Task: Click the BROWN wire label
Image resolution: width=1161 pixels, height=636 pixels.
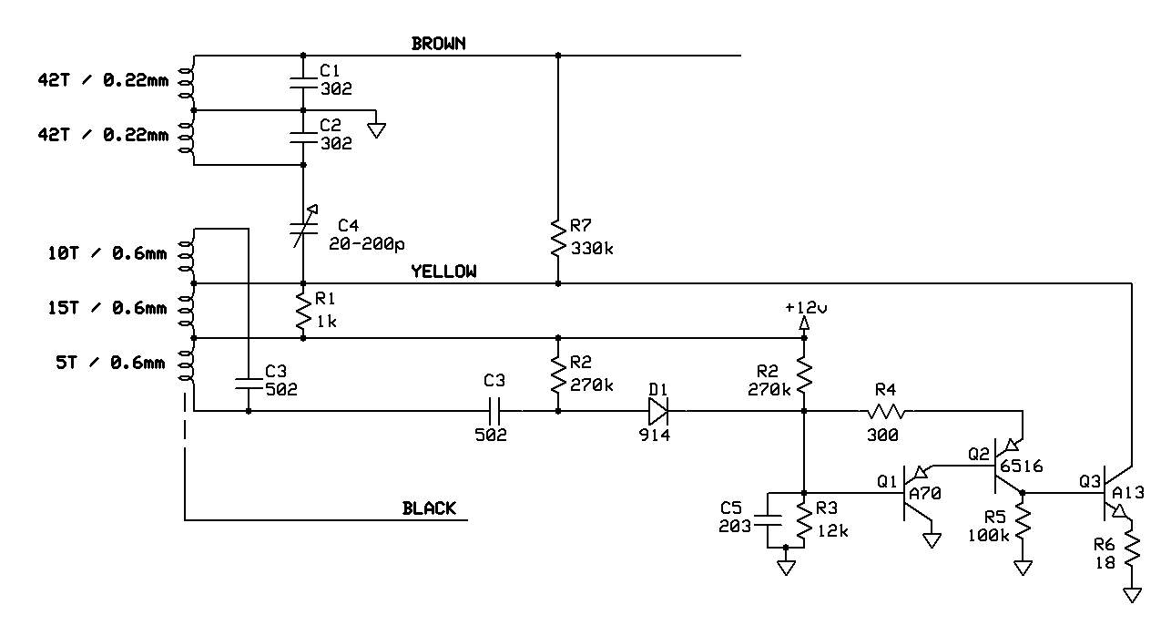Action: tap(439, 44)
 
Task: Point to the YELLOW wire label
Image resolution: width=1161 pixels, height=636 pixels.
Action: tap(443, 272)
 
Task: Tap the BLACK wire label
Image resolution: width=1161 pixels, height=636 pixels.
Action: tap(429, 508)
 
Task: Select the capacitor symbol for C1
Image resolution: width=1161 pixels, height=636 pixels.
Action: tap(303, 84)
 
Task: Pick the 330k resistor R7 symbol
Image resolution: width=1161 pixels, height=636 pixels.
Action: tap(558, 238)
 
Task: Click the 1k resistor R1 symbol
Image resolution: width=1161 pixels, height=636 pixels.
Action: tap(303, 312)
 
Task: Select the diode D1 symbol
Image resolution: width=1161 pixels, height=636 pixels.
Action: tap(658, 411)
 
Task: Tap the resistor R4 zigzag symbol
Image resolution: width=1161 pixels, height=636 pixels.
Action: tap(886, 412)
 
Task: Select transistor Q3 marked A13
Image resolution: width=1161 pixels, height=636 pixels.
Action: tap(1115, 493)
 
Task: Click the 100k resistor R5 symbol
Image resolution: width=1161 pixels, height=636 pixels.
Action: tap(1023, 523)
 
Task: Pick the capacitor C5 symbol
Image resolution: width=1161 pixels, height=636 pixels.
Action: tap(768, 520)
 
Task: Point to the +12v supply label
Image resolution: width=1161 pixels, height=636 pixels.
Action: tap(806, 308)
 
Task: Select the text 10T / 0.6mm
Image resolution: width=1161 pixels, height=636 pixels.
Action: tap(107, 253)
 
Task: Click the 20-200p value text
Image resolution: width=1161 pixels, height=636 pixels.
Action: tap(366, 244)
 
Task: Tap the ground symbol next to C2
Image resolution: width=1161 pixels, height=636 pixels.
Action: tap(376, 129)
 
